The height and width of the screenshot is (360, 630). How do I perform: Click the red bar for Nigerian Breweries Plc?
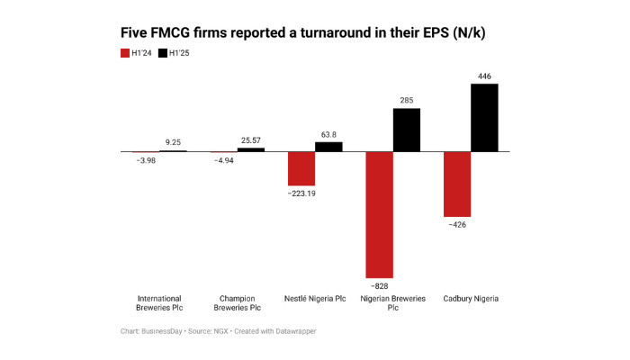[x=379, y=214]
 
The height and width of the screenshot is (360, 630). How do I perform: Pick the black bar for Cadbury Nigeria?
[x=484, y=117]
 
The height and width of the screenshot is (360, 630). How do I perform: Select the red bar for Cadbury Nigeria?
[x=457, y=184]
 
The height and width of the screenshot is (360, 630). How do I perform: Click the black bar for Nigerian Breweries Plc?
[x=406, y=130]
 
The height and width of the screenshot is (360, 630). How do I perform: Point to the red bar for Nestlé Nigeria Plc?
[x=301, y=168]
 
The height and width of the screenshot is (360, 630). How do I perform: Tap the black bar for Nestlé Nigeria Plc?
[x=328, y=147]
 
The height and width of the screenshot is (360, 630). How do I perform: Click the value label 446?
[x=484, y=76]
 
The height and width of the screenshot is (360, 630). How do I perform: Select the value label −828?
[x=379, y=285]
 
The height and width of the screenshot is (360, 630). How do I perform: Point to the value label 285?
[x=406, y=101]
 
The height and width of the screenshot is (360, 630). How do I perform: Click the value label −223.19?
[x=301, y=193]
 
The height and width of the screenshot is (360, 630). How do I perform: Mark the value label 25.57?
[x=251, y=140]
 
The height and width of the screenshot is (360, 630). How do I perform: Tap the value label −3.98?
[x=146, y=160]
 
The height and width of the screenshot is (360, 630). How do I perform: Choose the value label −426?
[x=457, y=225]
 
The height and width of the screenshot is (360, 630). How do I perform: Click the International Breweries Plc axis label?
[x=159, y=302]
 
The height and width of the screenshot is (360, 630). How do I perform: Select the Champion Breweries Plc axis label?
[x=238, y=302]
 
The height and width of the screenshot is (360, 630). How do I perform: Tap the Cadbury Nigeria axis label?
[x=471, y=298]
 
